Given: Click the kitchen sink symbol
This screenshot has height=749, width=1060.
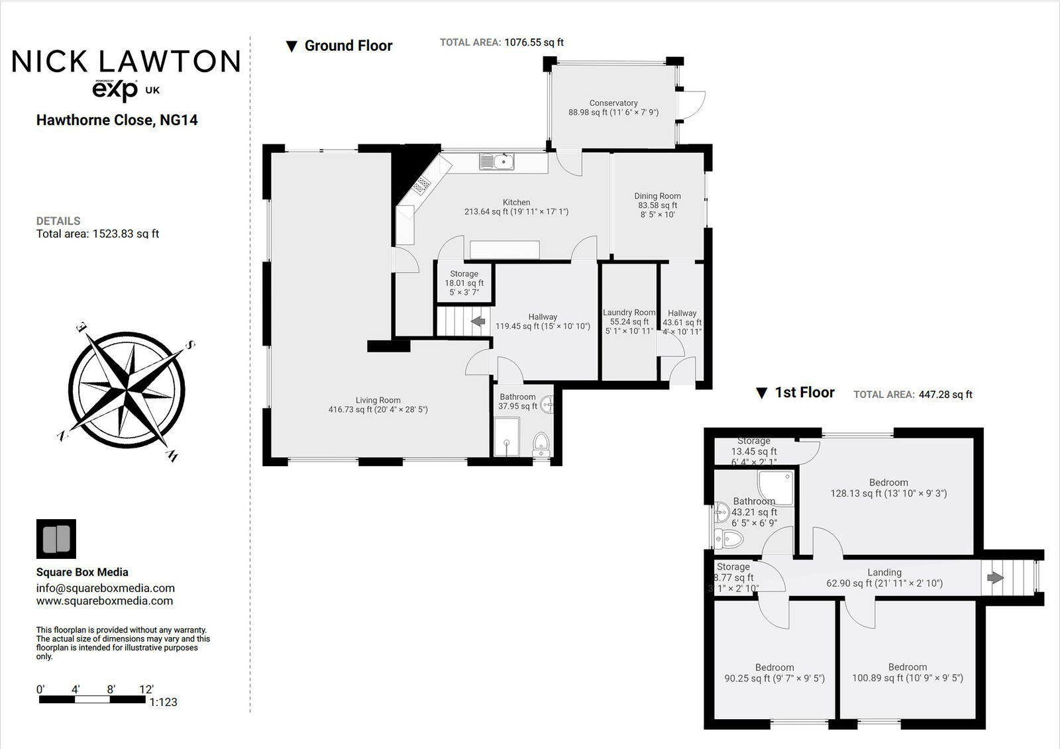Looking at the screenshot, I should (498, 161).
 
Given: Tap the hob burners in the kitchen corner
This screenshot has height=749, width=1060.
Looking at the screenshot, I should (421, 186).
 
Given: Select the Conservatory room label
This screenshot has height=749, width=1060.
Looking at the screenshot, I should (613, 103).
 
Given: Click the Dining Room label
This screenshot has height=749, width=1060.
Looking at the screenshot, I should (657, 196).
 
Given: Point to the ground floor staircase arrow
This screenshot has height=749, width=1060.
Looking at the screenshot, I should (477, 322).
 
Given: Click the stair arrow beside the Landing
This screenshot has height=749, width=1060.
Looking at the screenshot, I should (995, 577).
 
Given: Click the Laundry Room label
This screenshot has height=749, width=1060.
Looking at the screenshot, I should (629, 313).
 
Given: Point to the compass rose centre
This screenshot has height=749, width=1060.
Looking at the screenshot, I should (127, 389).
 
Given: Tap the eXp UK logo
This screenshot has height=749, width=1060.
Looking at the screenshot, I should (125, 90).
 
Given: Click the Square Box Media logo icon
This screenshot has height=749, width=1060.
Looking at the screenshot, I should (56, 539).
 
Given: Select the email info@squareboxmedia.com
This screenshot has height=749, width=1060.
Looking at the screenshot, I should (105, 588).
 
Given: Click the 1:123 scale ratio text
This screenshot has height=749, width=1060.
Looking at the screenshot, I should (164, 702).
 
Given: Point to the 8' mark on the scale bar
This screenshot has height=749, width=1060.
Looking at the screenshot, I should (111, 689).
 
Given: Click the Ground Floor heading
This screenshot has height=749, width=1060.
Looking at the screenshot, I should (348, 46).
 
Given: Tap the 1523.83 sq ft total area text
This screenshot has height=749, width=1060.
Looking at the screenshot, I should (125, 234).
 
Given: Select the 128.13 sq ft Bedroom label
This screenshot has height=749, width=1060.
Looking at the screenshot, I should (888, 488).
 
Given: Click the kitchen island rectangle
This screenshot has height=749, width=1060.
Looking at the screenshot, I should (505, 250).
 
